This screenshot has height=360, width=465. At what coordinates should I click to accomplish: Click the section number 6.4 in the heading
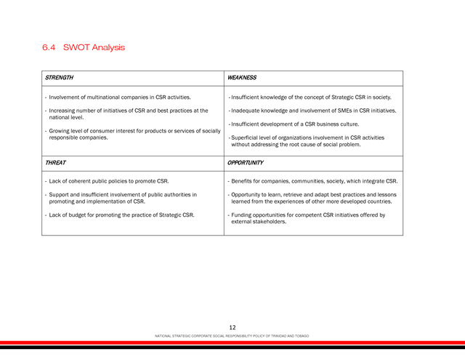(49, 48)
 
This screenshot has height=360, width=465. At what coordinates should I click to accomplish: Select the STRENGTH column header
(59, 78)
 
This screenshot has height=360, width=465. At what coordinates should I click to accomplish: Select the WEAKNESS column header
(242, 78)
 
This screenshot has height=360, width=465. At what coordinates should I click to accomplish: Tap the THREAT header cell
(55, 163)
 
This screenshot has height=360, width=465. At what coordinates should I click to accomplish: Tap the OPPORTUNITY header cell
(246, 163)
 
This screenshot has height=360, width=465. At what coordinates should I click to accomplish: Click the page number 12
(232, 328)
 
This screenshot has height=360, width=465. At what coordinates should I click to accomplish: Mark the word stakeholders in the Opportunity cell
(271, 222)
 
